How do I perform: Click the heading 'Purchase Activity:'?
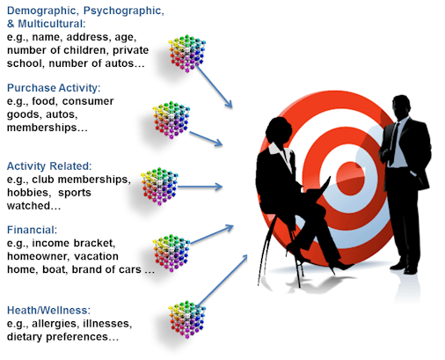point(54,88)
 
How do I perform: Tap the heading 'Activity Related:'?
point(49,166)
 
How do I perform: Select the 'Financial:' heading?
point(32,230)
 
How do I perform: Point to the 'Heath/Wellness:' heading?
point(48,310)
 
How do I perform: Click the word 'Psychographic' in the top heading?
point(123,11)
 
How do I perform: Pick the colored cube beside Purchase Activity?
point(171,120)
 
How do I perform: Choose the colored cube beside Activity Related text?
point(159,187)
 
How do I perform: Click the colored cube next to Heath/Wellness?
point(186,320)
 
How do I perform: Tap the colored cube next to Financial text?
point(171,253)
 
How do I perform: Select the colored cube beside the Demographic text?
point(186,54)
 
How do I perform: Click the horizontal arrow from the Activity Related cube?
point(200,187)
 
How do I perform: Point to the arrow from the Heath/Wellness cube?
point(222,280)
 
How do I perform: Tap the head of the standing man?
point(402,107)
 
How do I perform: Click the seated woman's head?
point(279,131)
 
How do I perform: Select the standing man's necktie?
point(394,143)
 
